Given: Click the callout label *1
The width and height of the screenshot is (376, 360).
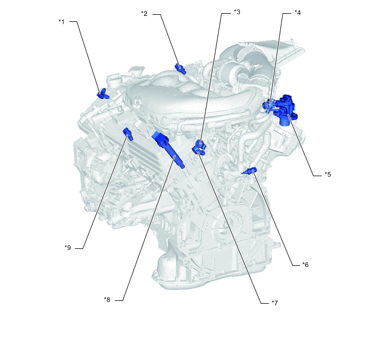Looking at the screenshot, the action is pyautogui.click(x=62, y=22).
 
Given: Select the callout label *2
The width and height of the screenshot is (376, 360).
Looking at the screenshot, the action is pyautogui.click(x=144, y=14).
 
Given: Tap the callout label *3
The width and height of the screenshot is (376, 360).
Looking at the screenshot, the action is pyautogui.click(x=237, y=12).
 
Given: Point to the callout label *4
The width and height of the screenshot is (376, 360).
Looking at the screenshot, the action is pyautogui.click(x=298, y=13).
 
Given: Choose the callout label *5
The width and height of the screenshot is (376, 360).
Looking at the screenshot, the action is pyautogui.click(x=328, y=175).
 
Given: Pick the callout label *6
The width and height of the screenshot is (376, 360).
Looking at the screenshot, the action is pyautogui.click(x=305, y=264).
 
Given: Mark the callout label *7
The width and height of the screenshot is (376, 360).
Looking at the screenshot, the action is pyautogui.click(x=274, y=303).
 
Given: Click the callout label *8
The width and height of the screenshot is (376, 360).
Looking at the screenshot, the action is pyautogui.click(x=107, y=299).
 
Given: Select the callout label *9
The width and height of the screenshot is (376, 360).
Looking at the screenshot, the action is pyautogui.click(x=68, y=248).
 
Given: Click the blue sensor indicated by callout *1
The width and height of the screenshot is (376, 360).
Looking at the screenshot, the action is pyautogui.click(x=103, y=94).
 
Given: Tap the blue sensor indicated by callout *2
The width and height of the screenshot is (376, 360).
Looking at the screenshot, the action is pyautogui.click(x=180, y=69).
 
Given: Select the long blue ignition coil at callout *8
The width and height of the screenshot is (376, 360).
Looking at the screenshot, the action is pyautogui.click(x=168, y=150).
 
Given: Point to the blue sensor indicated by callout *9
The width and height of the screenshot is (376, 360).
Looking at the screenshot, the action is pyautogui.click(x=128, y=134).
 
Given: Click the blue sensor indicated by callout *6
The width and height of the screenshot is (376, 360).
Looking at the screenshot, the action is pyautogui.click(x=249, y=171).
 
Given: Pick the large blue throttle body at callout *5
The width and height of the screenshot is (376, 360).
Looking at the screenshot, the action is pyautogui.click(x=286, y=109).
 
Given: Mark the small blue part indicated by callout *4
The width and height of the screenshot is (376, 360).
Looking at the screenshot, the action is pyautogui.click(x=268, y=106).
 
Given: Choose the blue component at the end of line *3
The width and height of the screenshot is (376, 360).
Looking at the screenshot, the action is pyautogui.click(x=201, y=143).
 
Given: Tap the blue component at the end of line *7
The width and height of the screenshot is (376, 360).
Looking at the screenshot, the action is pyautogui.click(x=198, y=151).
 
